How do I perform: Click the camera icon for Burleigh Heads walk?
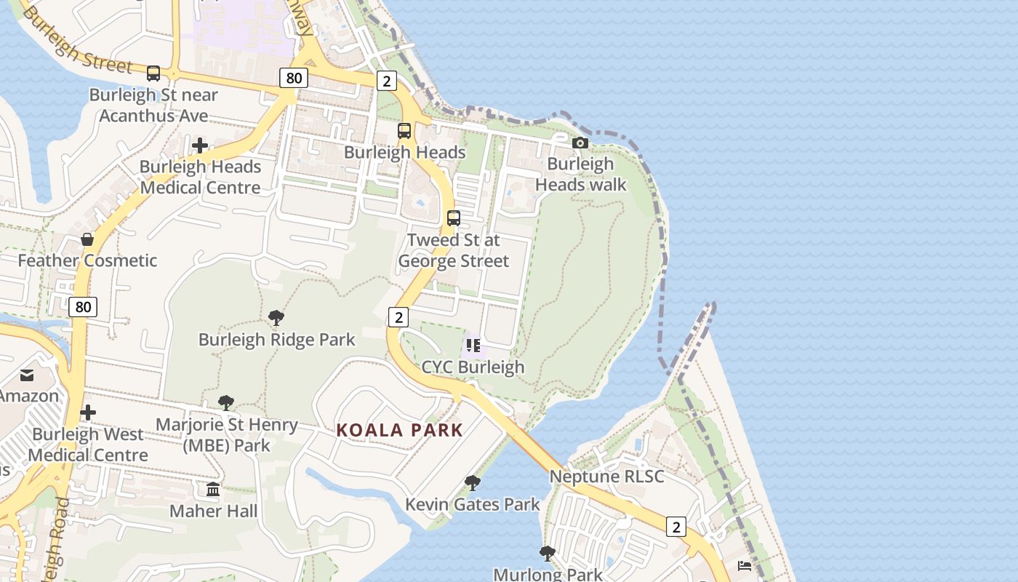tap(580, 143)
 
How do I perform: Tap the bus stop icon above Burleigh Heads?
tap(404, 131)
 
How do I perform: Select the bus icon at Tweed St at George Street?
tap(454, 218)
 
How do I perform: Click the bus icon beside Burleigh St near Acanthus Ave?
tap(153, 73)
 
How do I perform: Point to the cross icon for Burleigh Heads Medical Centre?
tap(200, 145)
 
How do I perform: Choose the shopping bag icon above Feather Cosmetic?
tap(87, 239)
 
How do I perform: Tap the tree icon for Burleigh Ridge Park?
tap(276, 318)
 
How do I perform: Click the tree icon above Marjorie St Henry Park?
tap(226, 403)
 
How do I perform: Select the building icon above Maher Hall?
tap(213, 490)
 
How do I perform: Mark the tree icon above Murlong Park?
tap(548, 554)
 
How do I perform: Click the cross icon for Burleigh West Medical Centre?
tap(88, 413)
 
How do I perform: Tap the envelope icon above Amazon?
tap(27, 375)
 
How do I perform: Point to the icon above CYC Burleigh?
tap(473, 345)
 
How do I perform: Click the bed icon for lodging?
tap(745, 565)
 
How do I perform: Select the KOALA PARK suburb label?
tap(399, 430)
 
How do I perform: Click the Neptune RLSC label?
tap(606, 477)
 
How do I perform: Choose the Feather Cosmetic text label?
tap(87, 260)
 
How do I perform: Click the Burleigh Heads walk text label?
tap(580, 174)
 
